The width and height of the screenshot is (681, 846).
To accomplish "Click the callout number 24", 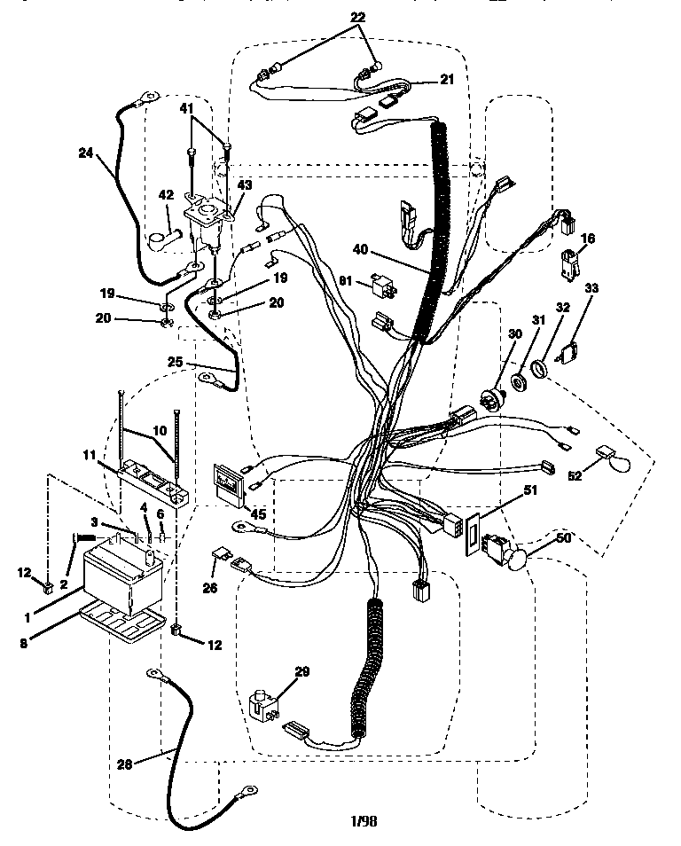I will click(x=84, y=152).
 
